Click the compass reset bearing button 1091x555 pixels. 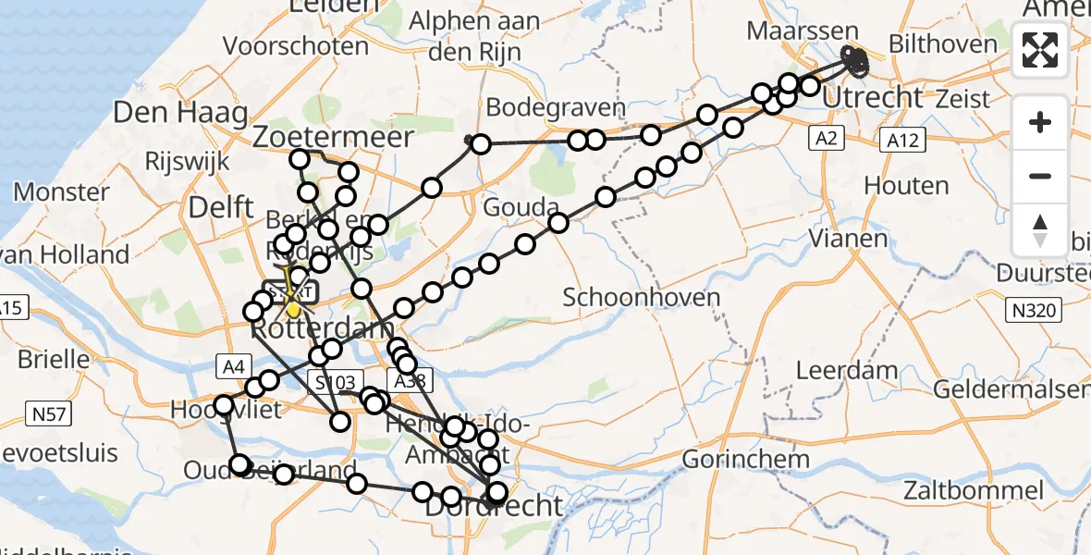click(x=1040, y=230)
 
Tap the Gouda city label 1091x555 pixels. click(x=521, y=207)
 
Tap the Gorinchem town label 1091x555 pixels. click(x=745, y=459)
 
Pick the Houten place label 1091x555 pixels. click(x=906, y=186)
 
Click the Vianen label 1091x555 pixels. click(x=849, y=239)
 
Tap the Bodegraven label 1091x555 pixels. click(x=556, y=107)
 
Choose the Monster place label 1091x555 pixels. click(x=63, y=192)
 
